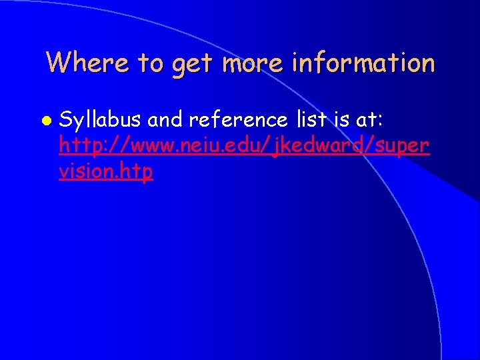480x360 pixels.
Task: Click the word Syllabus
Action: pyautogui.click(x=100, y=121)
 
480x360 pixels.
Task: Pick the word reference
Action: pyautogui.click(x=237, y=120)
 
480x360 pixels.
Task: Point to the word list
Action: pyautogui.click(x=307, y=120)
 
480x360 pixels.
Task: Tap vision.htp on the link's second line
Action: pyautogui.click(x=106, y=171)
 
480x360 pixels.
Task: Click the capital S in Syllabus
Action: pyautogui.click(x=65, y=121)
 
